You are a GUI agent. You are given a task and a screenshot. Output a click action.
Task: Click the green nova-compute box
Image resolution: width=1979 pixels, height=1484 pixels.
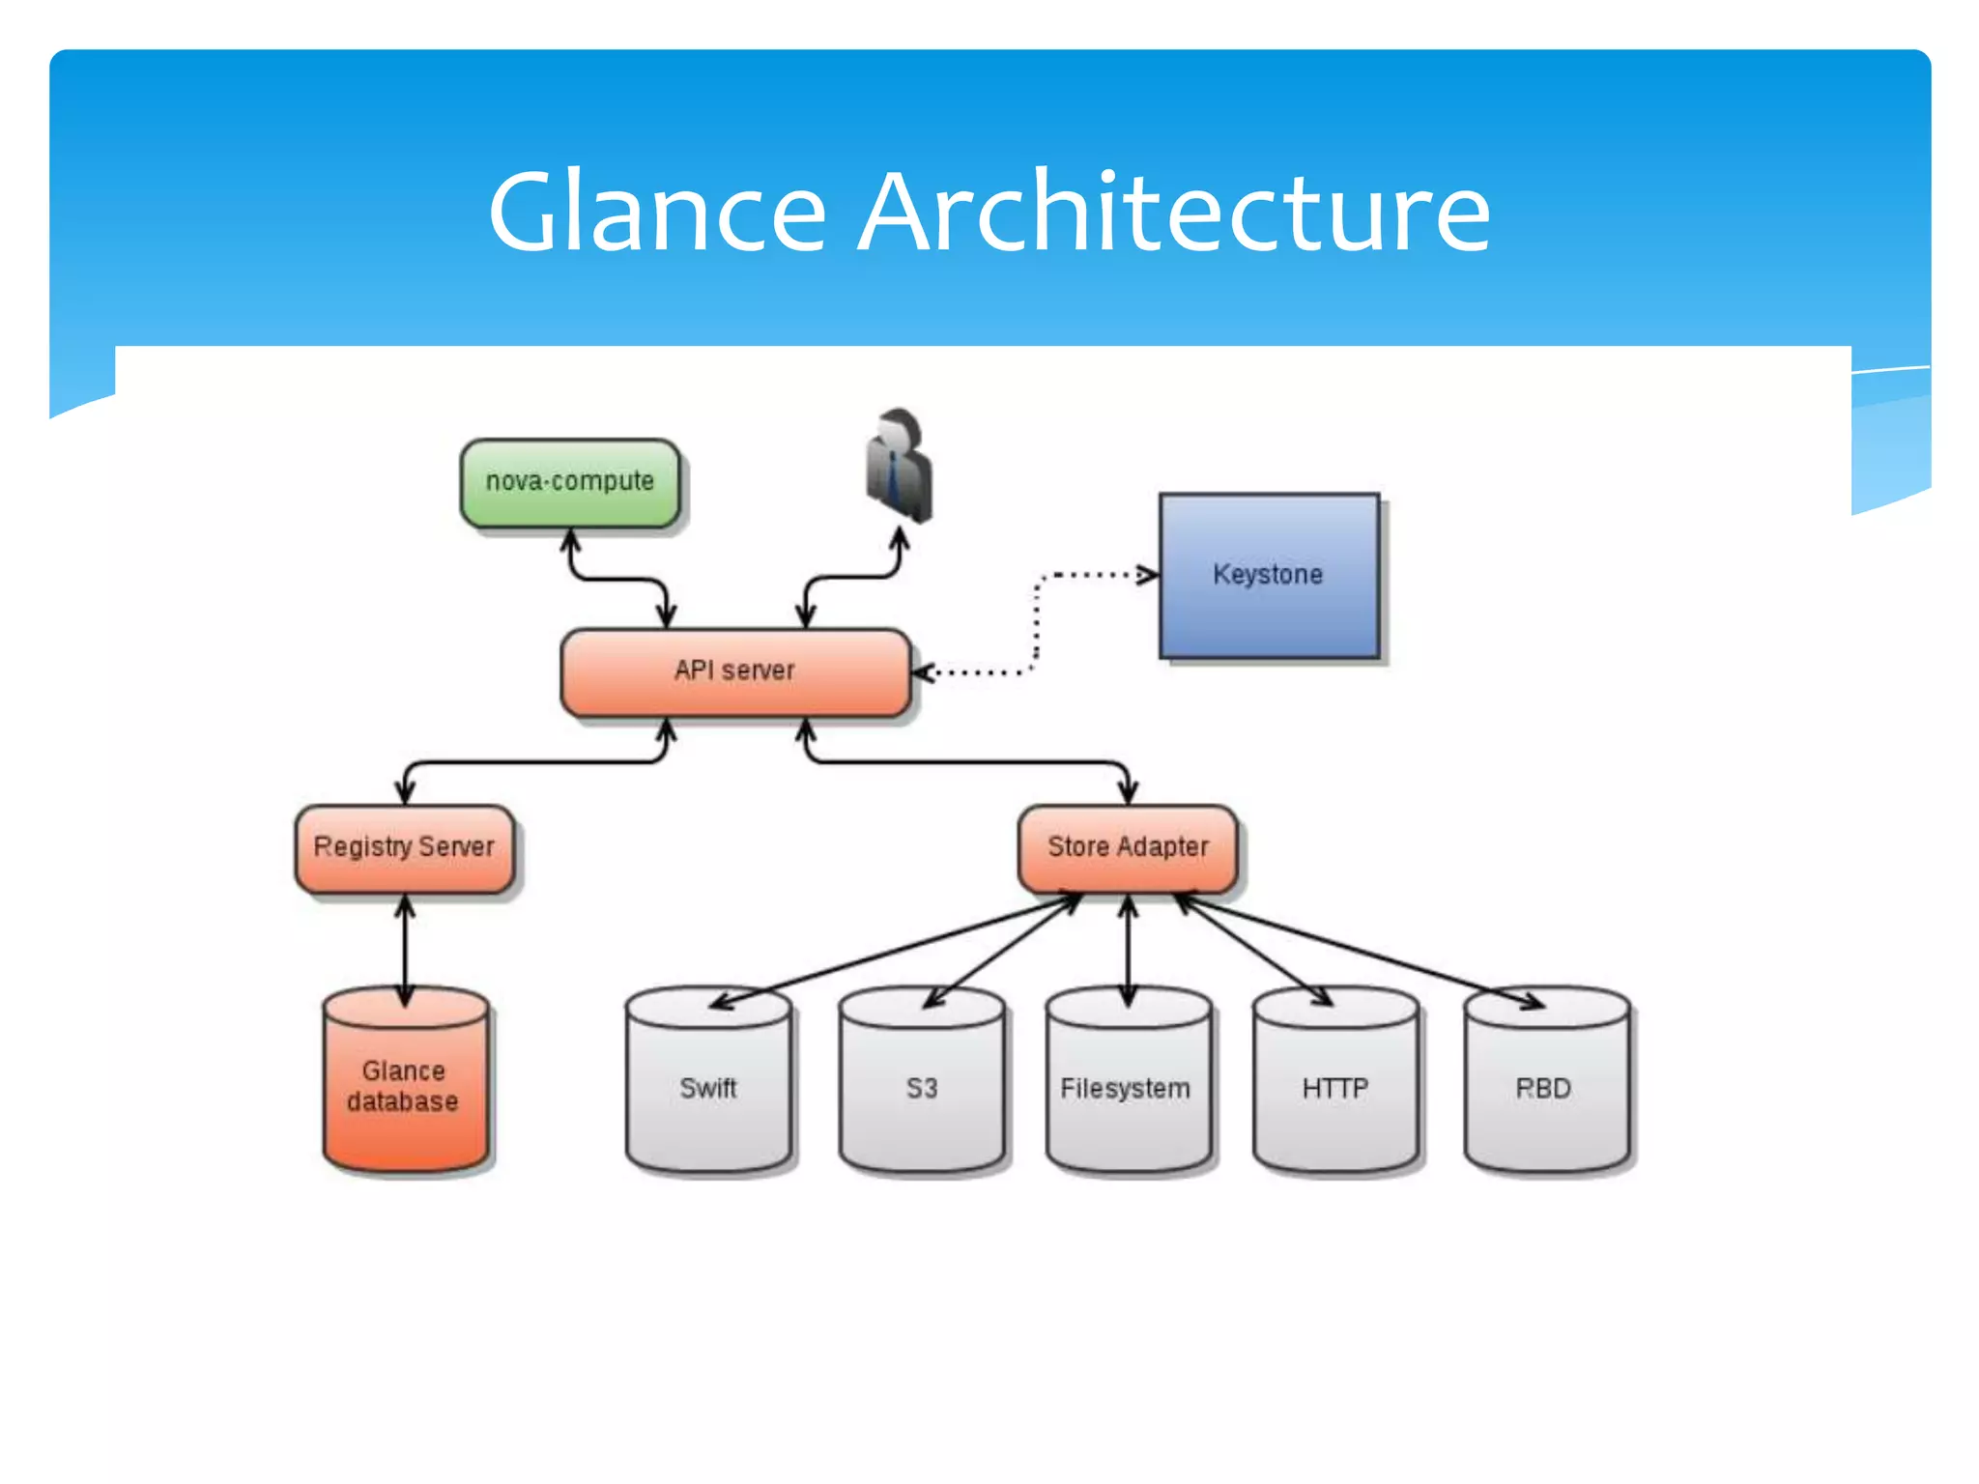570,483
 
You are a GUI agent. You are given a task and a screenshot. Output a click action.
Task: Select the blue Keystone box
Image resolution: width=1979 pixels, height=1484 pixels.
1269,576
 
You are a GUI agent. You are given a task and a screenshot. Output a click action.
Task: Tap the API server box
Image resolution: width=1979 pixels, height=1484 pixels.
735,672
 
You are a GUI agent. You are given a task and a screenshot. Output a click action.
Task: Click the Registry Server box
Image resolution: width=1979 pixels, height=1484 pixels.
404,848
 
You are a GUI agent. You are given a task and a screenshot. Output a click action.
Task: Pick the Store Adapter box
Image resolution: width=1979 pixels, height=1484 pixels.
1128,848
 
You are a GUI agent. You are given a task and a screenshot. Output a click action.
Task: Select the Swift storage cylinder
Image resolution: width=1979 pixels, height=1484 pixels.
708,1087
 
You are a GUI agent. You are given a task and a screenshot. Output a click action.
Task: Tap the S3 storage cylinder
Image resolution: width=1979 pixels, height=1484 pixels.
922,1087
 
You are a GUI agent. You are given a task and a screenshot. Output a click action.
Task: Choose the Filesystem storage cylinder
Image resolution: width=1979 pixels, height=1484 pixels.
1127,1087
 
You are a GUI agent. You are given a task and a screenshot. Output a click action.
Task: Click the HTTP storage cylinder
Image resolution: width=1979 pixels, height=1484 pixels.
1335,1087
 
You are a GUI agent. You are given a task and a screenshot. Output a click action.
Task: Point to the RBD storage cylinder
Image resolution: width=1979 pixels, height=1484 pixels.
1545,1087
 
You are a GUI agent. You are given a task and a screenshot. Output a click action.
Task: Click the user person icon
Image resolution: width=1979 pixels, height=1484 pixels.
899,466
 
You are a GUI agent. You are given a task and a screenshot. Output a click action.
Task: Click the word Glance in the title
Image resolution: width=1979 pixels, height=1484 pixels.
657,213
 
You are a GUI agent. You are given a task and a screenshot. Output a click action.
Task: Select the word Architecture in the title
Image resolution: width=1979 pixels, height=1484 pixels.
1174,213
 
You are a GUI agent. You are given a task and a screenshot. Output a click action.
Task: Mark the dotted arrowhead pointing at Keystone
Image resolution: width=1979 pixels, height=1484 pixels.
1148,576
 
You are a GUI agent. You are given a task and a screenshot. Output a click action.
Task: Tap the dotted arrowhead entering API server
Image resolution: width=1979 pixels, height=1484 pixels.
923,672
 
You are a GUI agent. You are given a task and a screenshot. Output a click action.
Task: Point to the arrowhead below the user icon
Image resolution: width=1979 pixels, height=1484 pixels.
900,539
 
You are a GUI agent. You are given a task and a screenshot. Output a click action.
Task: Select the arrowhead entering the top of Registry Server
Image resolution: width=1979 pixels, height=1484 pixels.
406,792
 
